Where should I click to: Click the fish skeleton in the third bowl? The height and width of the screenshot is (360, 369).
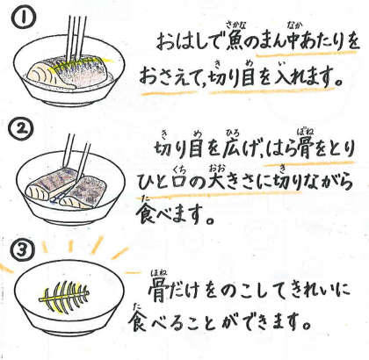(64, 296)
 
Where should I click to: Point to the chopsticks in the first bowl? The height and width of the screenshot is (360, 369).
(76, 38)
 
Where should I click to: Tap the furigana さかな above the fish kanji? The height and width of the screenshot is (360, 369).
(234, 27)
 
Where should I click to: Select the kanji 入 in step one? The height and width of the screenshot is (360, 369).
(284, 76)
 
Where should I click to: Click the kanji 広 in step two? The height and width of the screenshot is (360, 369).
(234, 149)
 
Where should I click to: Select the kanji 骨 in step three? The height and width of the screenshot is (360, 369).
(158, 291)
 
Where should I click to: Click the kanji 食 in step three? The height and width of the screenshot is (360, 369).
(138, 321)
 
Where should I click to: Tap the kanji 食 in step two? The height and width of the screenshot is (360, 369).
(146, 214)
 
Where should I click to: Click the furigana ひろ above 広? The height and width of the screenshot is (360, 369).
(233, 133)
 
